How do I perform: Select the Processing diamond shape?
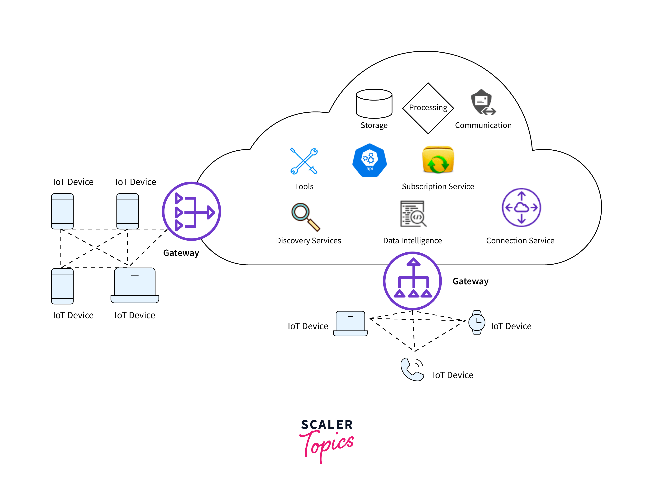click(x=428, y=108)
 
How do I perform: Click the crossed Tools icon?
click(x=304, y=161)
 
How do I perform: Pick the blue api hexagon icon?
click(x=369, y=160)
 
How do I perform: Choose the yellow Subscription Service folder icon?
click(x=438, y=160)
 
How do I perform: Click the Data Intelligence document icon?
click(x=413, y=214)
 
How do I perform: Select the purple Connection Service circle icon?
click(x=521, y=208)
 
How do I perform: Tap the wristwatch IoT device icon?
click(x=477, y=322)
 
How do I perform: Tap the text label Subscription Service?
click(x=438, y=186)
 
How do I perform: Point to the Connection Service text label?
click(x=520, y=241)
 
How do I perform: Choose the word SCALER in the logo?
click(x=327, y=425)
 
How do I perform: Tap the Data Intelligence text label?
click(x=412, y=241)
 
